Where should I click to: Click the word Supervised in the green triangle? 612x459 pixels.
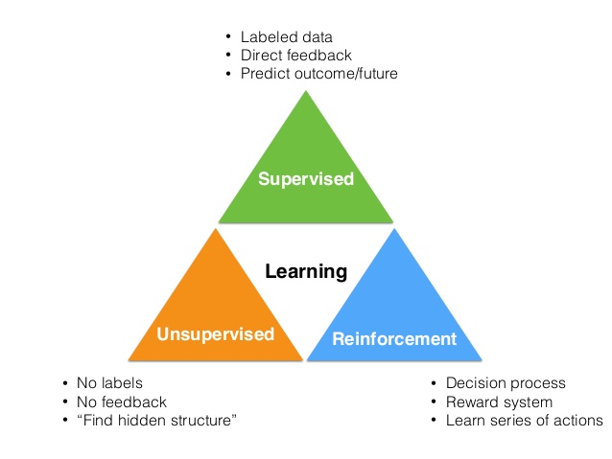click(305, 179)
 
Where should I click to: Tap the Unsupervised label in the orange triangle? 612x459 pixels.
click(215, 334)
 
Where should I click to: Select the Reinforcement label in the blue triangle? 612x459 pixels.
click(393, 338)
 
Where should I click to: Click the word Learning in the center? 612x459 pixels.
click(306, 271)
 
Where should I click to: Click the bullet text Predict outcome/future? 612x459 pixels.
click(318, 73)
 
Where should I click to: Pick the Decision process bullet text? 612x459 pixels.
click(506, 384)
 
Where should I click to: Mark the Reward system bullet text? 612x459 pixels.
click(499, 402)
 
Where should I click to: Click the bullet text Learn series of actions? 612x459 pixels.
click(525, 420)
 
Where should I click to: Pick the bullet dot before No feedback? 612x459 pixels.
click(65, 402)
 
